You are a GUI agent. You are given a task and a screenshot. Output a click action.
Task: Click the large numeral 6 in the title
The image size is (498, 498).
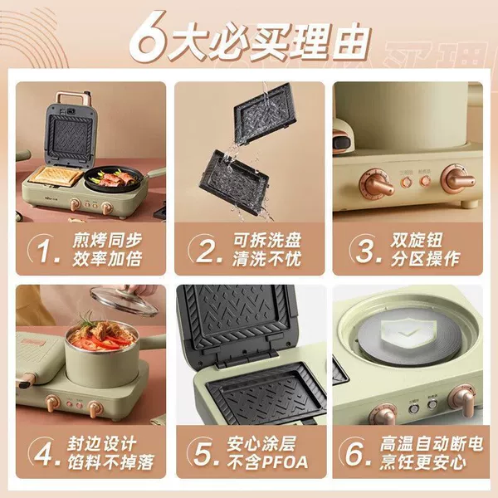click(x=148, y=37)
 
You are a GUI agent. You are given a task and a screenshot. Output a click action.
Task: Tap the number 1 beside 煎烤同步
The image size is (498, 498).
click(x=45, y=250)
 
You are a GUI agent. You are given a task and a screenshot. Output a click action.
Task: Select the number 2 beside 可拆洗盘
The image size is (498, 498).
click(x=206, y=250)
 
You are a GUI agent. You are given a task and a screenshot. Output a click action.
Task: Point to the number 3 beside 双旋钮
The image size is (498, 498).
click(x=364, y=250)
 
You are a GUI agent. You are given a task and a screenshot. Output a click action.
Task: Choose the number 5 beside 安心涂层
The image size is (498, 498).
click(x=203, y=453)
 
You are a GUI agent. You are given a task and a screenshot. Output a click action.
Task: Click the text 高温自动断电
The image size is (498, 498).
click(x=432, y=443)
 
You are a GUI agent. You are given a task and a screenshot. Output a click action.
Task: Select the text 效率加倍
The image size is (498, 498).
click(x=107, y=259)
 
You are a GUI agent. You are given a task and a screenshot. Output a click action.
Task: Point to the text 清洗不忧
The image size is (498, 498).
click(x=266, y=259)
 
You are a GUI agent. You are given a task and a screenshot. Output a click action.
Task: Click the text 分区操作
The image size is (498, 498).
click(x=425, y=259)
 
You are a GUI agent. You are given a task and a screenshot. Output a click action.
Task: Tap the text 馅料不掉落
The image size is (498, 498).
click(x=110, y=462)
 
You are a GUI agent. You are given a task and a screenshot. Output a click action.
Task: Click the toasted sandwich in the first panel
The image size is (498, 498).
click(x=56, y=176)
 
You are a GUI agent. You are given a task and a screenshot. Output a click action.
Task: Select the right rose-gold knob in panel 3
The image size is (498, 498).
click(x=457, y=178)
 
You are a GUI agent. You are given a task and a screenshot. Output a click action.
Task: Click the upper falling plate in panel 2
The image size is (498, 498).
click(x=266, y=114)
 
